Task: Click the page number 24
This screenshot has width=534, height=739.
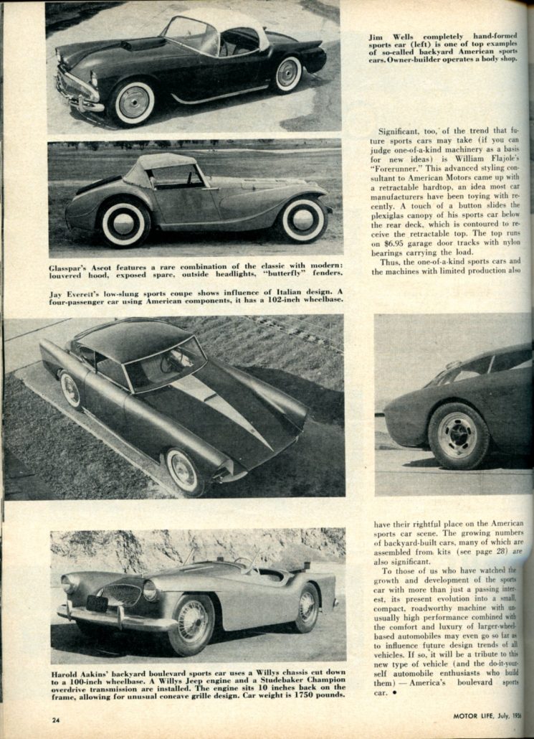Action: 56,719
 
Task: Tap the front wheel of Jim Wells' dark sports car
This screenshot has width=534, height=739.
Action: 134,102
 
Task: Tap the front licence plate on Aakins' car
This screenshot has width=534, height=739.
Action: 97,603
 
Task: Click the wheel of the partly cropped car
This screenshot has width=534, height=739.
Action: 458,435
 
